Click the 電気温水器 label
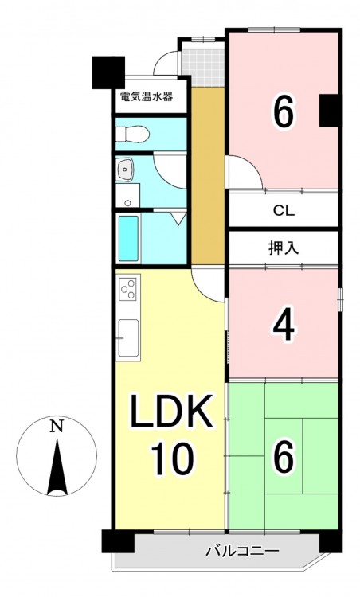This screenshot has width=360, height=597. pos(147,96)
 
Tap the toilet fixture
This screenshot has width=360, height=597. pos(131,134)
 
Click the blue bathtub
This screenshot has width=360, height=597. pos(128,238)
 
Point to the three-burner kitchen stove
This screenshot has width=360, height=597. pos(128,289)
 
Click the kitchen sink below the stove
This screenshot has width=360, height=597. pos(128,338)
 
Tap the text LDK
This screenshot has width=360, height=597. pos(171,412)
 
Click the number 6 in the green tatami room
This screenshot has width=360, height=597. pos(283,455)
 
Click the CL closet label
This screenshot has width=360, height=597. pos(284,211)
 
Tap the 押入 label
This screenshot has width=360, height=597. pos(284,248)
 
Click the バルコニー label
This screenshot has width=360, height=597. pos(244,551)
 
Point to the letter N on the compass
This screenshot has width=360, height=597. pos(57,427)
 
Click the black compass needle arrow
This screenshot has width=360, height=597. pos(57,467)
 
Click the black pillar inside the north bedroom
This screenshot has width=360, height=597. pos(330,111)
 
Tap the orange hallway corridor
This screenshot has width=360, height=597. pos(207,176)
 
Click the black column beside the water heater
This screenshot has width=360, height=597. pos(109,72)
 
